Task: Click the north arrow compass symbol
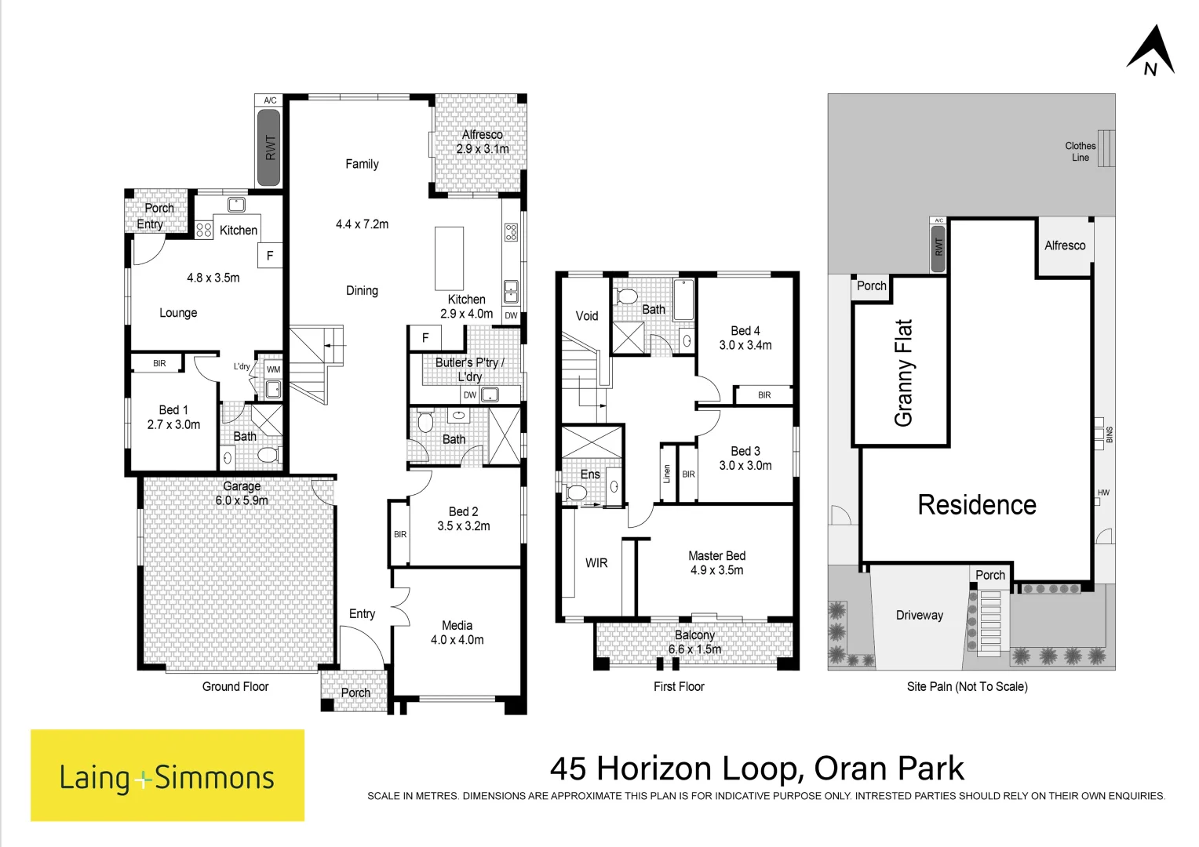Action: coord(1151,51)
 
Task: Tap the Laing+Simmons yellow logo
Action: coord(168,775)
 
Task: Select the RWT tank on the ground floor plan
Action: coord(269,147)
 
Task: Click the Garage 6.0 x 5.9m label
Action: coord(242,493)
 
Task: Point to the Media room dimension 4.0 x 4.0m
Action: coord(457,640)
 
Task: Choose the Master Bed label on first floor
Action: coord(716,556)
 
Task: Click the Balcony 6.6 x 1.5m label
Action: coord(694,642)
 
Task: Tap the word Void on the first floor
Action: coord(587,316)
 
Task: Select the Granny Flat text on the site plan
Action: coord(903,373)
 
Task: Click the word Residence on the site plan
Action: coord(977,504)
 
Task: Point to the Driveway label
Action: coord(920,616)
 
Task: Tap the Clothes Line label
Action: coord(1081,151)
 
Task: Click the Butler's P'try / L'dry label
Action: coord(469,369)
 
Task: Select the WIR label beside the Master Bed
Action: coord(596,563)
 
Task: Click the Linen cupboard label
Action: coord(666,474)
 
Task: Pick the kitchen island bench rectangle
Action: coord(449,259)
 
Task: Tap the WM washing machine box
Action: coord(274,369)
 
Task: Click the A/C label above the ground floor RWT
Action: coord(270,100)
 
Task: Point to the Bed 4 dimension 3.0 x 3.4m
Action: coord(745,346)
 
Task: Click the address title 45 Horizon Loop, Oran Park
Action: coord(757,769)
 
